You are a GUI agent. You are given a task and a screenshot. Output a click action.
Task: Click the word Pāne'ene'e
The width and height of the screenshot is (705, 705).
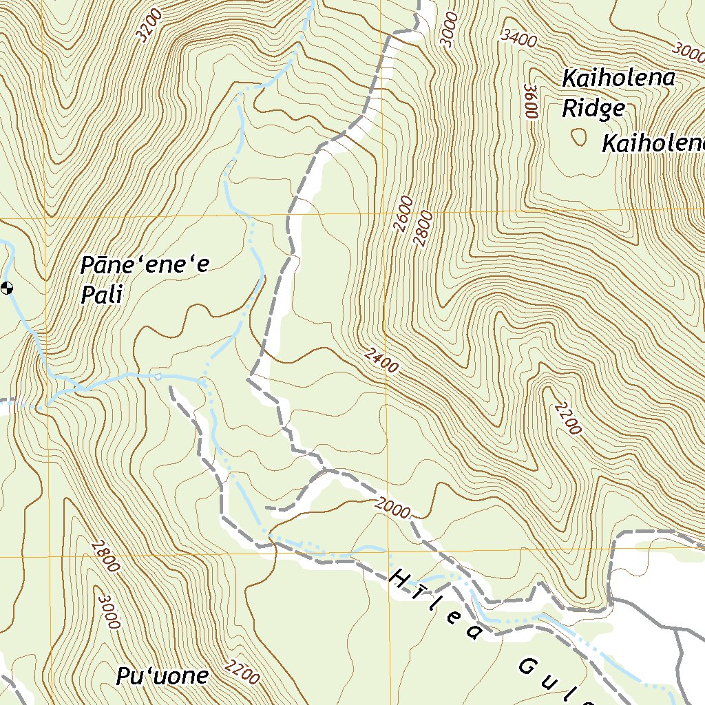[x=144, y=265]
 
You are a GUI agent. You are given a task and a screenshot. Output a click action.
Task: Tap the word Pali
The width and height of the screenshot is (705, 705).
[x=101, y=295]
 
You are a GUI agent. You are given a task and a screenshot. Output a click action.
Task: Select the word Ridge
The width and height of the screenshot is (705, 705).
[x=593, y=108]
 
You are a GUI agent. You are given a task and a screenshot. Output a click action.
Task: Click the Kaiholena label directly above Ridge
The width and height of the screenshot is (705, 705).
[x=618, y=78]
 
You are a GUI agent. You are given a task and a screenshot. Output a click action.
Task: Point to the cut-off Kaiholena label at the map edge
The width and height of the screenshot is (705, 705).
[x=653, y=144]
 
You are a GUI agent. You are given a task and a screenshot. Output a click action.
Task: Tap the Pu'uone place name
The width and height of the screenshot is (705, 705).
[x=162, y=676]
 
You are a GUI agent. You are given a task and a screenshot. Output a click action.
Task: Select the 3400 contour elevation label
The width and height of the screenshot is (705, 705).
[x=519, y=39]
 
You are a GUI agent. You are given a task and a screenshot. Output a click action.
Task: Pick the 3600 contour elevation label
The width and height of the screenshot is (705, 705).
[x=530, y=101]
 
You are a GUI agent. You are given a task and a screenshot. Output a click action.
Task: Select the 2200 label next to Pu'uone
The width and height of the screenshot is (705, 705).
[x=242, y=671]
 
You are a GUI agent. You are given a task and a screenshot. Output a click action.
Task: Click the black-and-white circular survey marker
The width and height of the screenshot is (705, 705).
[x=7, y=288]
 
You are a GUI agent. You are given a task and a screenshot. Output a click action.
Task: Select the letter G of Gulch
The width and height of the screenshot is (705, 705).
[x=529, y=667]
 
